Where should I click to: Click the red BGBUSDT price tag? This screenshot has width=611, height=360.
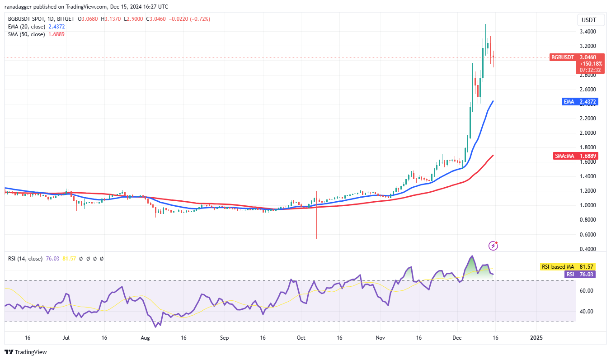[x=562, y=57]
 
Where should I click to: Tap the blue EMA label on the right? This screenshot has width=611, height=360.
[x=569, y=102]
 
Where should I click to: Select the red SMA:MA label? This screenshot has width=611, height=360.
[x=564, y=156]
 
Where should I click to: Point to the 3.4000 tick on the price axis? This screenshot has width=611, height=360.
[x=589, y=32]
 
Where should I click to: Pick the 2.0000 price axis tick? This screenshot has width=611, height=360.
[x=589, y=133]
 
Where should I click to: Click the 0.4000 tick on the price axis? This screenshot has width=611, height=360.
[x=589, y=249]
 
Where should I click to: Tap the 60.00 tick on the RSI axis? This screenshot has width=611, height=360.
[x=587, y=291]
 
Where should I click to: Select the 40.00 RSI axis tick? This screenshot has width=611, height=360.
[x=587, y=312]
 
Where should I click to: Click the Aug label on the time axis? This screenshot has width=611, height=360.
[x=145, y=338]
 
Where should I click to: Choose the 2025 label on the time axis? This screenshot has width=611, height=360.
[x=536, y=338]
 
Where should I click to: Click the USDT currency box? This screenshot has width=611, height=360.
[x=588, y=20]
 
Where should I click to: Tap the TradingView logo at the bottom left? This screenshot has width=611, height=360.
[x=26, y=352]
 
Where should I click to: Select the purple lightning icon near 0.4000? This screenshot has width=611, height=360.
[x=493, y=246]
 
